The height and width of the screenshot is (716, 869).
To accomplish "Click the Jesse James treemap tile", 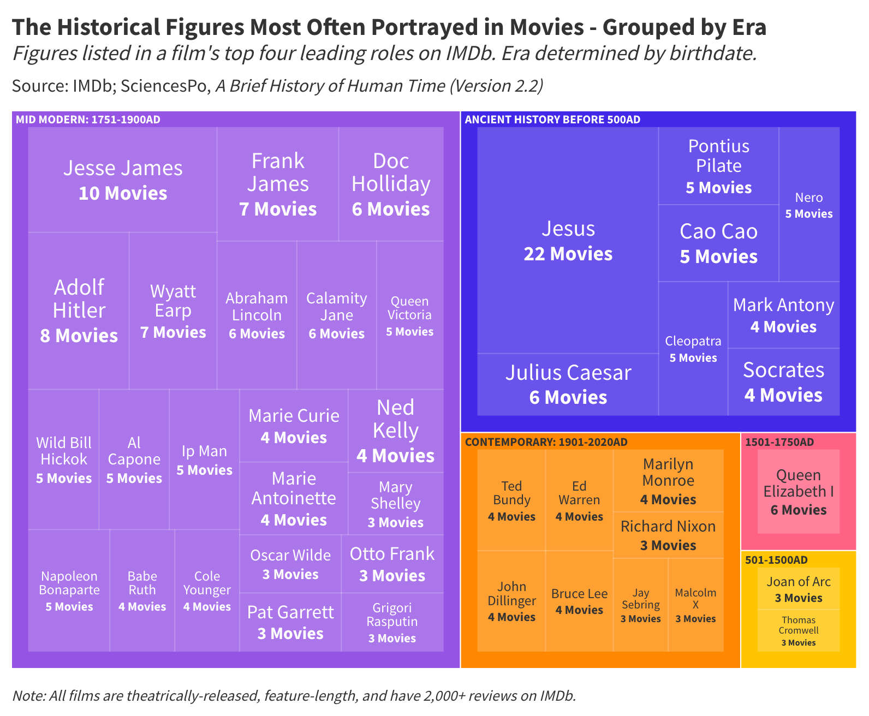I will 123,180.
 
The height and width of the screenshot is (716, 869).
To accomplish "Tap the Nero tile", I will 809,205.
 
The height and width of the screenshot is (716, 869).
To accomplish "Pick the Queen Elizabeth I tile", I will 798,492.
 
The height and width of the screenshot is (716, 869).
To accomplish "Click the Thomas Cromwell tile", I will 798,630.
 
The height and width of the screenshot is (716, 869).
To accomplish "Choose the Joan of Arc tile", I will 798,589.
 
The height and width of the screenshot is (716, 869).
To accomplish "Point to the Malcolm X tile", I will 695,605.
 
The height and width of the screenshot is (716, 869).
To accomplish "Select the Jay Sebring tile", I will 640,605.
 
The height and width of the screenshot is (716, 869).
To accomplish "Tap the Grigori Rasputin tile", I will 392,622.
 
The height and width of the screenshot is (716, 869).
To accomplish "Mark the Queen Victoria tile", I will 409,315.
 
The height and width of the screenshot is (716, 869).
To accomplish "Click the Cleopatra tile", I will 693,349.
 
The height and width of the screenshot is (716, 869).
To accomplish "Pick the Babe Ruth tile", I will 142,590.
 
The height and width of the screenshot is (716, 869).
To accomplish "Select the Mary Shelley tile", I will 395,504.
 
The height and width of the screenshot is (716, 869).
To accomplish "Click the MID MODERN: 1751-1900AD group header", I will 88,120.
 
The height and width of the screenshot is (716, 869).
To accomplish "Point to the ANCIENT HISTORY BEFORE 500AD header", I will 552,120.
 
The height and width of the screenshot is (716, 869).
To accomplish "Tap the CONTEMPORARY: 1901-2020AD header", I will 546,442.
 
